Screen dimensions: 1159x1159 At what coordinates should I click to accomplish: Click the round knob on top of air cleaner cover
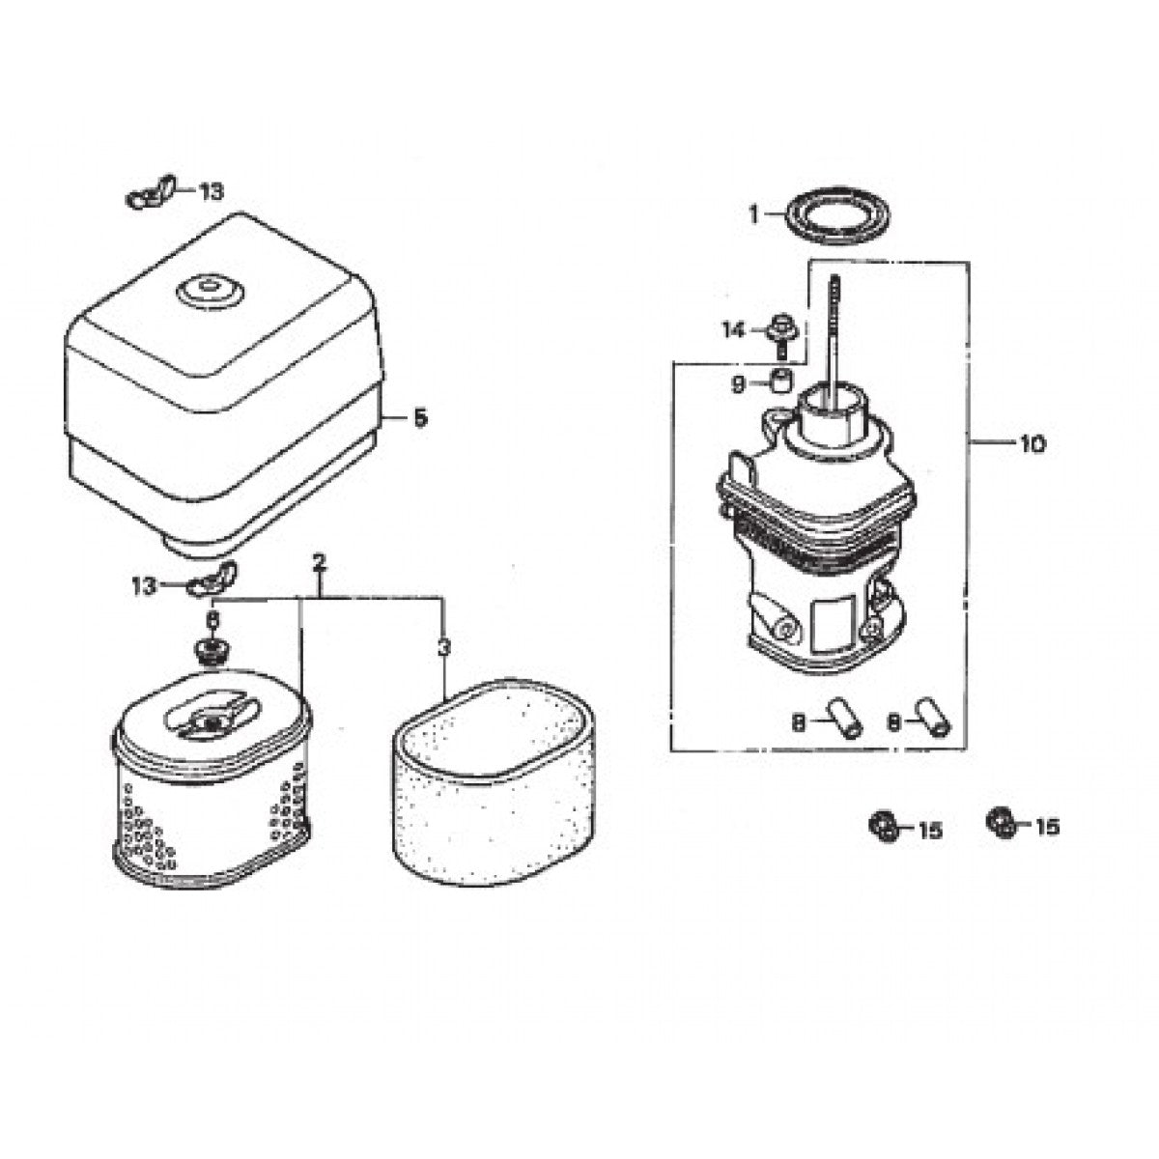click(210, 289)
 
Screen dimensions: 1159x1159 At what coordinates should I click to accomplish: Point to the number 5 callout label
click(418, 418)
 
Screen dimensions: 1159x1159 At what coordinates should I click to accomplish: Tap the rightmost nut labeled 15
click(1000, 823)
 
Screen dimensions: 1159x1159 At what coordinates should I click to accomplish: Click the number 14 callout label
click(735, 331)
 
